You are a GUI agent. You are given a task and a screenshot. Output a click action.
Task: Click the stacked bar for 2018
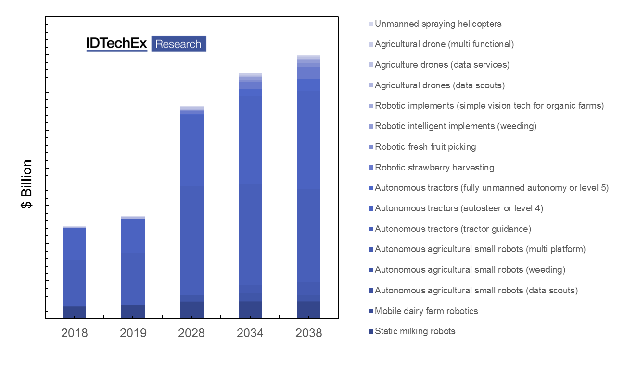pos(74,272)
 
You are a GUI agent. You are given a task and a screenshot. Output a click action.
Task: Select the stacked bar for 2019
pos(133,267)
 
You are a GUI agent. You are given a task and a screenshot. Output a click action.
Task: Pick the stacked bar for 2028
pos(191,212)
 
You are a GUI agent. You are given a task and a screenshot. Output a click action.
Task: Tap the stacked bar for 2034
pos(250,195)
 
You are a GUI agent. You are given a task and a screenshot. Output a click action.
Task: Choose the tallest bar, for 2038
pos(308,187)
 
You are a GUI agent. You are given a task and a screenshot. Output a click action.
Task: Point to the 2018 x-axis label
pos(74,333)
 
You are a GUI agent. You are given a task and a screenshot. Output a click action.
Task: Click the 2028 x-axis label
pos(191,333)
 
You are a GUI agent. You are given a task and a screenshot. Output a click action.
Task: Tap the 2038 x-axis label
pos(308,333)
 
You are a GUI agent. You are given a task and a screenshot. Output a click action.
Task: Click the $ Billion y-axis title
pos(27,184)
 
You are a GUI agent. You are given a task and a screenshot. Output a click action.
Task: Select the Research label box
pos(178,44)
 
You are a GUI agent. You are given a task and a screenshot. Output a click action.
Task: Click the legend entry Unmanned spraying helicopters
pos(438,24)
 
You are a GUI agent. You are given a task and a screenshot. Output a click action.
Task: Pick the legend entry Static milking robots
pos(415,331)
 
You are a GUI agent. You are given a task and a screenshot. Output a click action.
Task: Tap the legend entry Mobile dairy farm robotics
pos(426,311)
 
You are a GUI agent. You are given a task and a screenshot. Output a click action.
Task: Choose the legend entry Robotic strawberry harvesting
pos(434,168)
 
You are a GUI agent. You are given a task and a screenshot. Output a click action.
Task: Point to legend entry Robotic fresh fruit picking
pos(425,147)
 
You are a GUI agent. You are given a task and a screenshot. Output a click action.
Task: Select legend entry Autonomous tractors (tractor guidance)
pos(453,229)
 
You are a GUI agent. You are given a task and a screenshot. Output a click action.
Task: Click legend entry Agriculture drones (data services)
pos(442,64)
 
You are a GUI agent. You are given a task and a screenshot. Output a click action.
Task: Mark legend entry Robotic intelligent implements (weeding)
pos(455,126)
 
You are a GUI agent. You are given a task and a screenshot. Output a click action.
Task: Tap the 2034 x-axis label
pos(250,333)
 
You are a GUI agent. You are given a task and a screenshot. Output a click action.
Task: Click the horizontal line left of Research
pos(117,51)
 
